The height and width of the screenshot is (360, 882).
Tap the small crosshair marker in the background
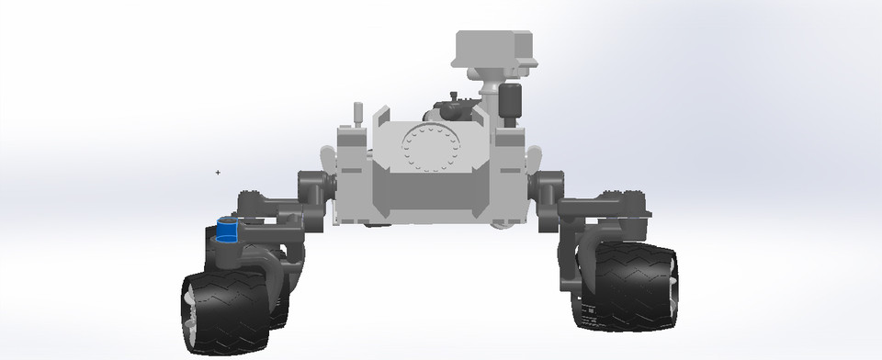click(218, 172)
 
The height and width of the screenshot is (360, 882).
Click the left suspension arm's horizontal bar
click(271, 221)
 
